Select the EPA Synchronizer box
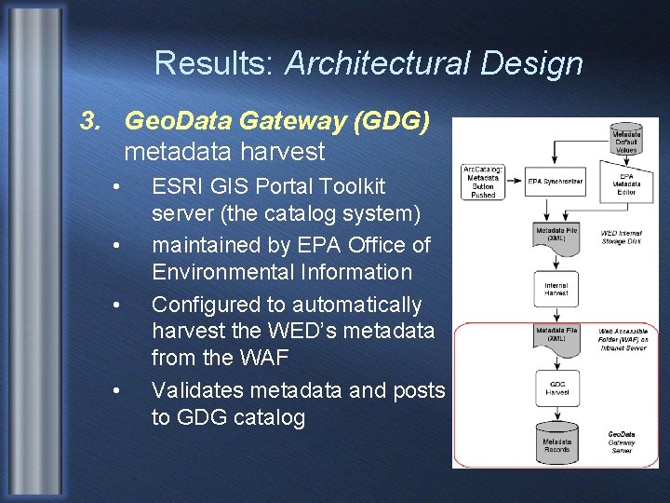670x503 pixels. click(556, 182)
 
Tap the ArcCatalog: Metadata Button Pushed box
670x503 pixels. click(484, 182)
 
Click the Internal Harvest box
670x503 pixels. click(556, 290)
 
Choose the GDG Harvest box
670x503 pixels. click(556, 387)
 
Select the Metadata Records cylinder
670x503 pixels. click(556, 442)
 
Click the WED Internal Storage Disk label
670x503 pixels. click(621, 237)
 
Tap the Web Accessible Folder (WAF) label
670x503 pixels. click(624, 339)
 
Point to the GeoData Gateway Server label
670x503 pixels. click(622, 442)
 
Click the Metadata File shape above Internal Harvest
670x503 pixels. click(556, 235)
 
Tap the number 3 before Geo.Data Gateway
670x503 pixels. click(88, 121)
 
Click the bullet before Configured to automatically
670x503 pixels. click(114, 305)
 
